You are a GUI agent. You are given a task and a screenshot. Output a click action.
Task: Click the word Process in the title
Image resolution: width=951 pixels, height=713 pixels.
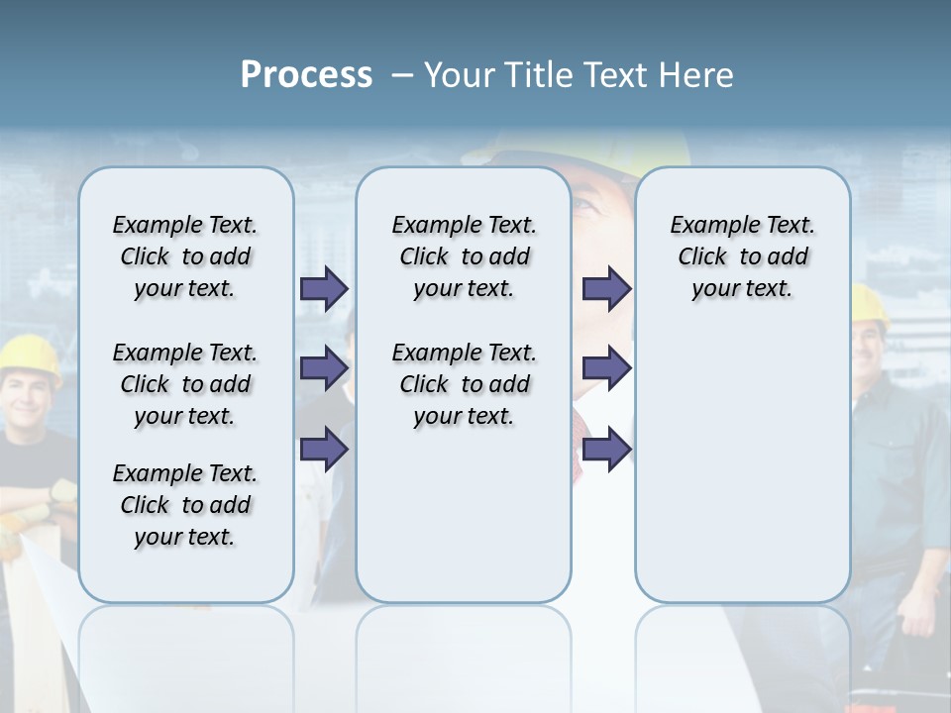click(x=306, y=75)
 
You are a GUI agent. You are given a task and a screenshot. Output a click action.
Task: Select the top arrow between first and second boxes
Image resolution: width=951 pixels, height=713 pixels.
click(x=324, y=288)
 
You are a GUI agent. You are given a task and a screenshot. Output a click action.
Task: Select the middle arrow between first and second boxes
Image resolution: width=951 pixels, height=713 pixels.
click(x=324, y=368)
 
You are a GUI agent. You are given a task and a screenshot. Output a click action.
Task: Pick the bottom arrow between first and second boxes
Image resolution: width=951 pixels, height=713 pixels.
click(x=324, y=449)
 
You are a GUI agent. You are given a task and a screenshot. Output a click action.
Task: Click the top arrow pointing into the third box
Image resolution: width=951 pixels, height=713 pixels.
click(x=606, y=288)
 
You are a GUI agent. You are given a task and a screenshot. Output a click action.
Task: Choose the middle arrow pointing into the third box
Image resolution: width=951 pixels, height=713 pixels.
click(x=606, y=368)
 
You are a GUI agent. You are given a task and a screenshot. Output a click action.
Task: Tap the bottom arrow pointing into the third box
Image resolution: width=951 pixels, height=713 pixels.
click(x=606, y=449)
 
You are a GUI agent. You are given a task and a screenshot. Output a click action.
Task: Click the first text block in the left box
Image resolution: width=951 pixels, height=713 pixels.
click(x=185, y=256)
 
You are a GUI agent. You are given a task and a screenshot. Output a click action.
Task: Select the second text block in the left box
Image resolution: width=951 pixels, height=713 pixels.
click(x=185, y=384)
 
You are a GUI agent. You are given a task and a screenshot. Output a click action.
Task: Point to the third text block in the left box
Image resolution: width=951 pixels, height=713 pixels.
click(x=185, y=505)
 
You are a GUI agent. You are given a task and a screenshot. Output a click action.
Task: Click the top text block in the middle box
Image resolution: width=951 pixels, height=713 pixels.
click(x=464, y=256)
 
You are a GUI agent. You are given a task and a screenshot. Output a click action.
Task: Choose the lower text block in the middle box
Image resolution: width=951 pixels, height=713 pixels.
click(x=464, y=384)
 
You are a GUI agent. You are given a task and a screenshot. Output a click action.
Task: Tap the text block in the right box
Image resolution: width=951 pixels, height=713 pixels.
click(x=742, y=256)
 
